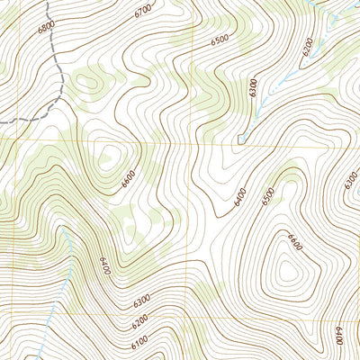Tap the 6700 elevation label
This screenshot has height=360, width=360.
[141, 11]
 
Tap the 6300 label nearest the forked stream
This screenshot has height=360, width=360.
[255, 87]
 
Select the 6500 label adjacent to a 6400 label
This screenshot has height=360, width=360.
[266, 195]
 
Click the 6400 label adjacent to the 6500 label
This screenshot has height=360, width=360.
[240, 196]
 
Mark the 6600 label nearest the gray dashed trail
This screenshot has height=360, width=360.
[129, 178]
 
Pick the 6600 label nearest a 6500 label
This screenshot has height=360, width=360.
[294, 240]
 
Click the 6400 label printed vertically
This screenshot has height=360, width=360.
[337, 337]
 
